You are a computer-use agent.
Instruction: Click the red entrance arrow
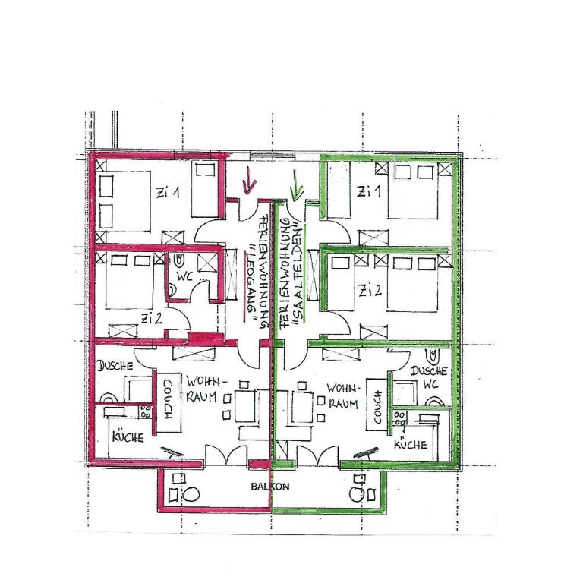pos(249,181)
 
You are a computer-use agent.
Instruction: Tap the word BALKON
pos(270,487)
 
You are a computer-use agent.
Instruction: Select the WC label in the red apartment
pos(184,276)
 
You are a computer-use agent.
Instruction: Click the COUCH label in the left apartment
pos(168,400)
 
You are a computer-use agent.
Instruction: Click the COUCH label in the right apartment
pos(378,407)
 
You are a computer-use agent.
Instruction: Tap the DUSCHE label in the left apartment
pos(115,366)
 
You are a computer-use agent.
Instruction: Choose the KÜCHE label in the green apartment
pos(411,444)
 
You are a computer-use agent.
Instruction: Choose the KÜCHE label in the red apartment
pos(128,437)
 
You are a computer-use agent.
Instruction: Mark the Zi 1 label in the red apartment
pos(168,192)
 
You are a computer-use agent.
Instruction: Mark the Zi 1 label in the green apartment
pos(369,191)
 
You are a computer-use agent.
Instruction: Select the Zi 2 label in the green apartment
pos(370,291)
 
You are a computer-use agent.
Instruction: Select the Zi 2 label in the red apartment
pos(151,318)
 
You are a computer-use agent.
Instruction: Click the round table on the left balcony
pos(191,494)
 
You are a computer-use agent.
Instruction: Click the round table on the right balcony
pos(358,494)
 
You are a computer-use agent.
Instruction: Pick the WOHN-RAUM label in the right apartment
pos(343,396)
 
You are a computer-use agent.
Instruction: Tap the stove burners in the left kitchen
pos(146,411)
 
